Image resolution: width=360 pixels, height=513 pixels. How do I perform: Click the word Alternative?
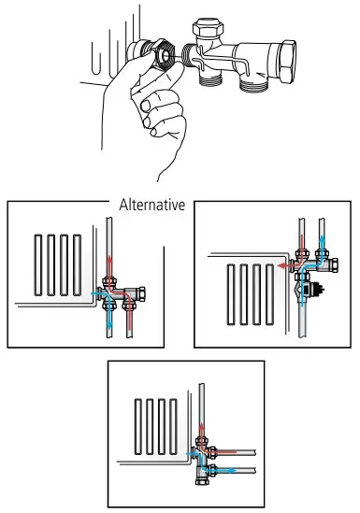pos(152,203)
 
